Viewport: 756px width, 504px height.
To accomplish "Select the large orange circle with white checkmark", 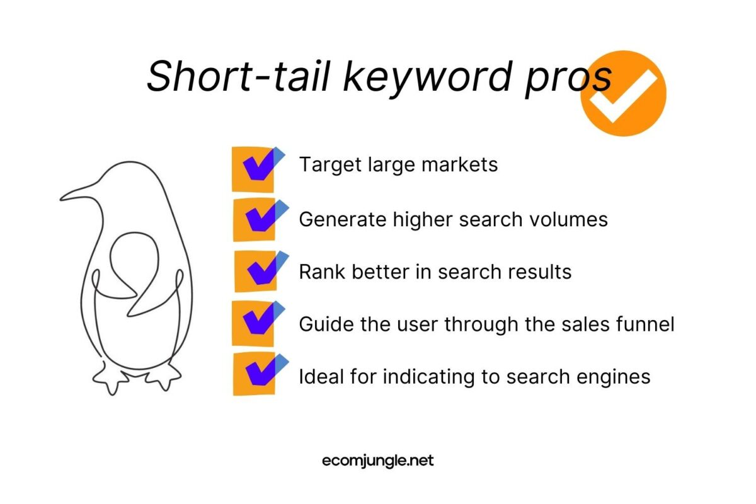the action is click(623, 93).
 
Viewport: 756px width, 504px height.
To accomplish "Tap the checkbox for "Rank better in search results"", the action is click(261, 272).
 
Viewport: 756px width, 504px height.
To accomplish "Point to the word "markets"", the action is click(460, 164).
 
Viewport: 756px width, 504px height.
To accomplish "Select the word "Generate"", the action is click(342, 219).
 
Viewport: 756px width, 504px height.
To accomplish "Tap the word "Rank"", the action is click(322, 272).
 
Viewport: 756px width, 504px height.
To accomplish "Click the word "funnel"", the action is click(645, 324).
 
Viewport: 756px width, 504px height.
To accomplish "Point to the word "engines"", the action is click(613, 377).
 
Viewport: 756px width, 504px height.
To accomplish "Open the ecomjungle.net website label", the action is click(377, 461).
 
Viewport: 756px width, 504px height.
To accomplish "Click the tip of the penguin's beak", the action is click(61, 199).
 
